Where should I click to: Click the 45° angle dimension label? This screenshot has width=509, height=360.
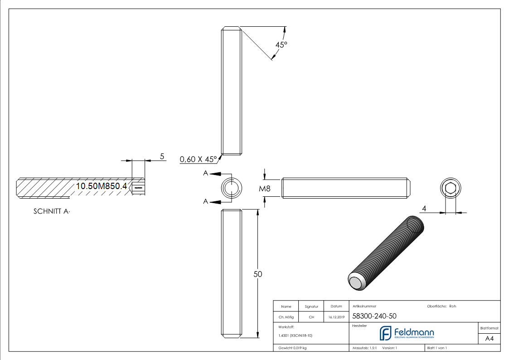281,45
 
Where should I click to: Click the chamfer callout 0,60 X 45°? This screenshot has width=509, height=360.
198,159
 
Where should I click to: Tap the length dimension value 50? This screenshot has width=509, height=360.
257,274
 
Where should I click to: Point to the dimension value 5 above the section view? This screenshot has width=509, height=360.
162,156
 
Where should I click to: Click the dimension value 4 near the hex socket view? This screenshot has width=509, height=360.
424,208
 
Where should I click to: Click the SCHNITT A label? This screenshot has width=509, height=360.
52,212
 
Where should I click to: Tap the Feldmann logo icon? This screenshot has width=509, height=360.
385,333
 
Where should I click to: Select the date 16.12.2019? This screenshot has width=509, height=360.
337,317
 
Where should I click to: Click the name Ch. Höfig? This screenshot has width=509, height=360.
286,317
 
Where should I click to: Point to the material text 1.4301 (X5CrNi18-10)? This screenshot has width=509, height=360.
295,335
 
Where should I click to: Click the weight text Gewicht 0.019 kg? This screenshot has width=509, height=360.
292,348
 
